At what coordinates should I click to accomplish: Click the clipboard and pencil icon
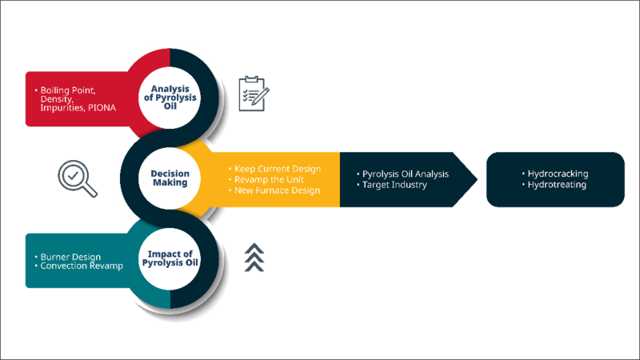pos(254,94)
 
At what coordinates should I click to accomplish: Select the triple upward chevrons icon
pos(254,256)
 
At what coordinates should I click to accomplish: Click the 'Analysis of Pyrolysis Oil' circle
pos(170,95)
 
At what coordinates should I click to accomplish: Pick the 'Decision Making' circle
pos(170,177)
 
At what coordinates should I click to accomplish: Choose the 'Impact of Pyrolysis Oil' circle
pos(169,257)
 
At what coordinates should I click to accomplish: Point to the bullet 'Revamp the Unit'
pos(269,179)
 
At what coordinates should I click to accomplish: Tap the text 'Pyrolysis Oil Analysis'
pos(406,174)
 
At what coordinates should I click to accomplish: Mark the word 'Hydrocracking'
pos(558,174)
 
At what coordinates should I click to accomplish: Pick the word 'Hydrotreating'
pos(558,185)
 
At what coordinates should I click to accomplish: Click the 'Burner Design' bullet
pos(70,257)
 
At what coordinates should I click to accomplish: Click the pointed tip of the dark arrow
pos(478,179)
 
